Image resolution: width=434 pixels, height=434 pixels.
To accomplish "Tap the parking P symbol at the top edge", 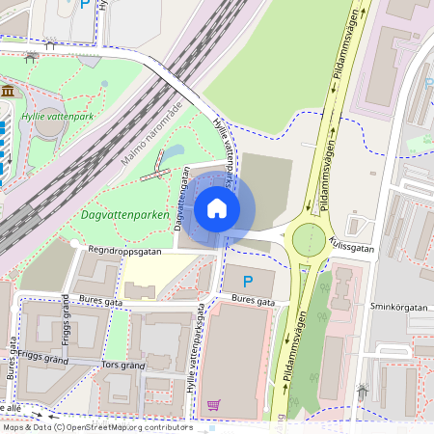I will (x=85, y=5).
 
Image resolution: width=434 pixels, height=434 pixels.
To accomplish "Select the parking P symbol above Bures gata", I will (x=248, y=282).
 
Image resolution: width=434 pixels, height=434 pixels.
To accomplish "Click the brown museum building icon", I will (x=8, y=91).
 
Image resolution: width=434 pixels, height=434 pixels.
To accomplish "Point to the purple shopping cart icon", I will (x=214, y=405).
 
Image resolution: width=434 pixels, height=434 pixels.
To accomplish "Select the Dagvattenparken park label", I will (x=122, y=214).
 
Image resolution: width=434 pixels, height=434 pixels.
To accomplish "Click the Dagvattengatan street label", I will (x=180, y=199).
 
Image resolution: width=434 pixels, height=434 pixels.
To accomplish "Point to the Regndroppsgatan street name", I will (x=124, y=249).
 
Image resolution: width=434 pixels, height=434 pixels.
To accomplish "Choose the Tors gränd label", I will (x=122, y=366).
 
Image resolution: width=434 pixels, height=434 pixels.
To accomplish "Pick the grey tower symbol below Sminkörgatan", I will (x=363, y=393).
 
